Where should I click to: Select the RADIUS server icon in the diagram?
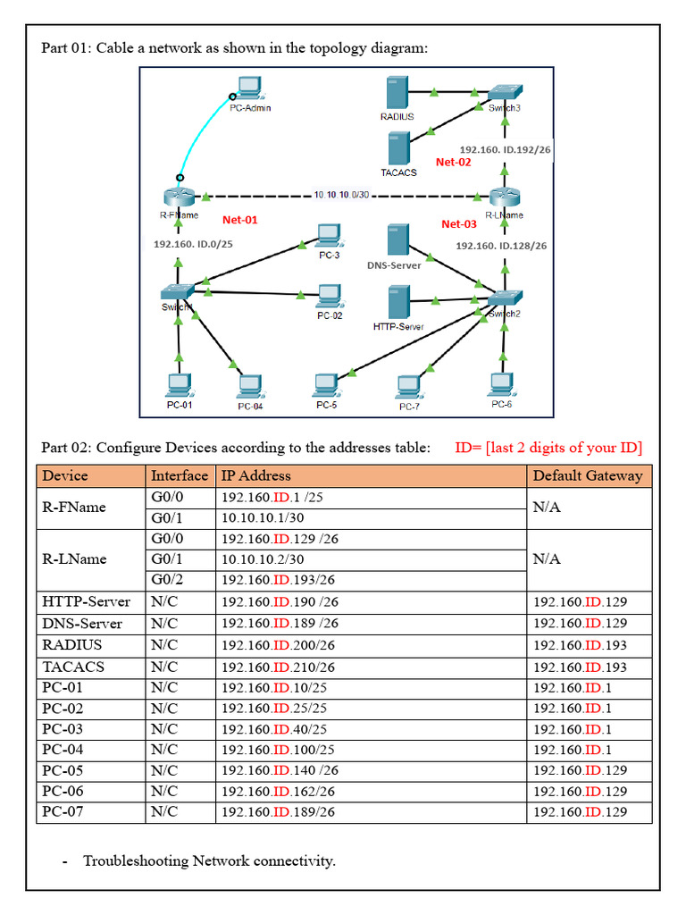397,94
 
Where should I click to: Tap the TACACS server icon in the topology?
398,148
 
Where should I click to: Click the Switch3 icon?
505,93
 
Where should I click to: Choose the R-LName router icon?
506,197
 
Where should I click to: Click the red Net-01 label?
239,220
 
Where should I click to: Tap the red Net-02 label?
453,163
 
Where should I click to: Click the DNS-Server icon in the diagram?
398,242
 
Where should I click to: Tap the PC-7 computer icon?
409,387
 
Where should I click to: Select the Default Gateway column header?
587,475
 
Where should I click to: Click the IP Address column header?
256,475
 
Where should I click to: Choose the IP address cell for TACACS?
278,667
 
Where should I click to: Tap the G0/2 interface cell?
167,579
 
